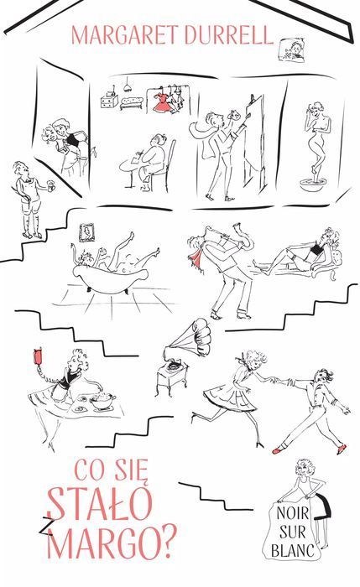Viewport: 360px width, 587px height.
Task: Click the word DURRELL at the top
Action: pos(228,35)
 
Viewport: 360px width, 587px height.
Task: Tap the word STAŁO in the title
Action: pos(101,503)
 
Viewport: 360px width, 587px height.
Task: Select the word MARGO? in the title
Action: pos(111,542)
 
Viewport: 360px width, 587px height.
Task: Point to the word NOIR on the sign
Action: pos(293,513)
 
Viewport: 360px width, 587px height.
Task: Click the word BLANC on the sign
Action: pos(293,551)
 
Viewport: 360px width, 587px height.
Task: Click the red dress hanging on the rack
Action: pos(164,101)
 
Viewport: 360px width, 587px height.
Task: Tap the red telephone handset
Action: pos(38,356)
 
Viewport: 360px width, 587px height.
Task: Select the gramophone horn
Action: pos(191,336)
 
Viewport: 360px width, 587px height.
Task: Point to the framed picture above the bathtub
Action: pos(86,232)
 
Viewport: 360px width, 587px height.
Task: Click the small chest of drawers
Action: pos(109,100)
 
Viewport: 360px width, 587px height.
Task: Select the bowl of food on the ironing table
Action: pos(102,402)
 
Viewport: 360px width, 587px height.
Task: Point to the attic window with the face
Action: pos(294,49)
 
